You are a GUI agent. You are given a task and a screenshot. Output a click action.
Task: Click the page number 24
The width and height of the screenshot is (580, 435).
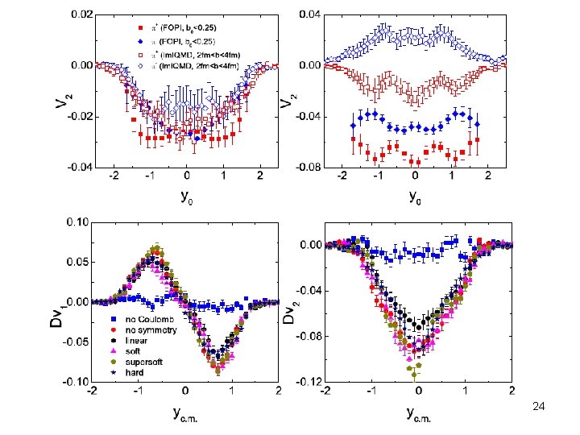click(x=539, y=408)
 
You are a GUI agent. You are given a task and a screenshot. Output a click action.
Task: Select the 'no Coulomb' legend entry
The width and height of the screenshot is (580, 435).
click(x=139, y=321)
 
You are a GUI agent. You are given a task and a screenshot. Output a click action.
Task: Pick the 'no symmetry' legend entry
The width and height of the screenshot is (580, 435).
click(x=140, y=331)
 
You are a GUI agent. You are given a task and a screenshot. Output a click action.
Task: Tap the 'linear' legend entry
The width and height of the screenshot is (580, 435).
click(x=131, y=341)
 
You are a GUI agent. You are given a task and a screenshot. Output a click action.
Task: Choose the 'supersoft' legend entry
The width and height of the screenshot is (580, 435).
click(x=137, y=361)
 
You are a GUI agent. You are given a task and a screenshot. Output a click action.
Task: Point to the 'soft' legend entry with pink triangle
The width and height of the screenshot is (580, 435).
click(x=129, y=351)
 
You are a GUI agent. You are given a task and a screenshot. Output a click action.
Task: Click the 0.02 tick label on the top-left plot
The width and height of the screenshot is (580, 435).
click(x=81, y=14)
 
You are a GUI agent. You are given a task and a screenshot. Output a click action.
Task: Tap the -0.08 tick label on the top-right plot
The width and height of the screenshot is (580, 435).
click(x=309, y=168)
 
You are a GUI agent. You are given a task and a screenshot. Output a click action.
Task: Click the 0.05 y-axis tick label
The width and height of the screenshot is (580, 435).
click(x=77, y=262)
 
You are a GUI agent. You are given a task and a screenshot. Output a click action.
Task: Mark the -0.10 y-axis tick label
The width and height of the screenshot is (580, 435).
click(x=76, y=381)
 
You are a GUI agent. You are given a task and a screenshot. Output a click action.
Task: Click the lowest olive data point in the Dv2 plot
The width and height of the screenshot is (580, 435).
click(x=415, y=375)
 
